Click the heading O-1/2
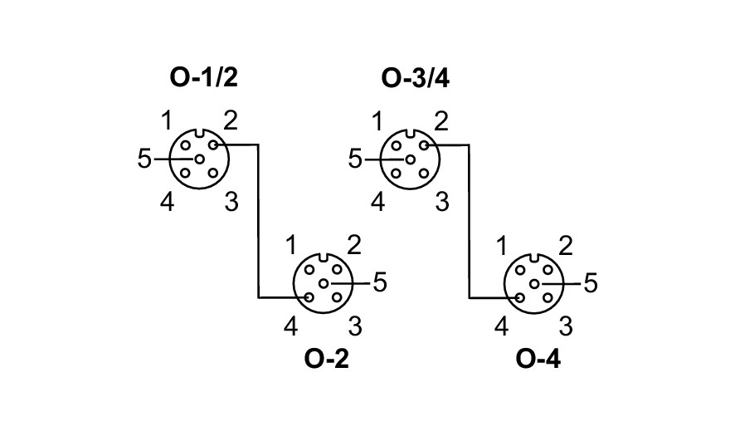204,78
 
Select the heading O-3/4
416,78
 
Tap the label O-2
327,360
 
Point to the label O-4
538,360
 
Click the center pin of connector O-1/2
199,159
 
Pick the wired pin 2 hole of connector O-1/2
213,145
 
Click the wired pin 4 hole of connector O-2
309,297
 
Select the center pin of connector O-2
324,283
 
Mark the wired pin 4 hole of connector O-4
520,297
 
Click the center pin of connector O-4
534,283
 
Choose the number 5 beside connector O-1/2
144,159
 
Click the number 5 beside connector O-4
591,283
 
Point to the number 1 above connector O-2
291,245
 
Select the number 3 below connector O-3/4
442,202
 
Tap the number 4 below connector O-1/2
168,202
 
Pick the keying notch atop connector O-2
324,257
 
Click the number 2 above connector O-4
566,245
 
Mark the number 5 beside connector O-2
380,283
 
